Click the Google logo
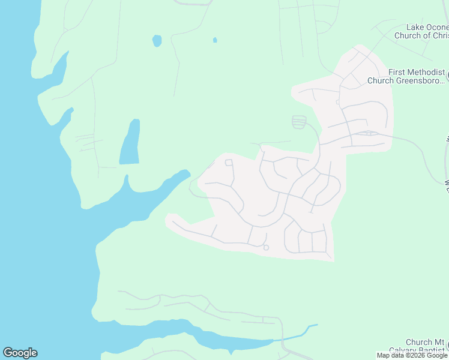(20, 353)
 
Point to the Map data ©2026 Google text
(412, 356)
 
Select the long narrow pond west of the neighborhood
(130, 142)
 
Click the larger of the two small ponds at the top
(157, 40)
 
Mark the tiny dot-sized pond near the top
(215, 40)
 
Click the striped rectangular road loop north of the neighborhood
(298, 122)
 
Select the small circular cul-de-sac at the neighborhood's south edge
(266, 247)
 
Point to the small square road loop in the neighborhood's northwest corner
(229, 163)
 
